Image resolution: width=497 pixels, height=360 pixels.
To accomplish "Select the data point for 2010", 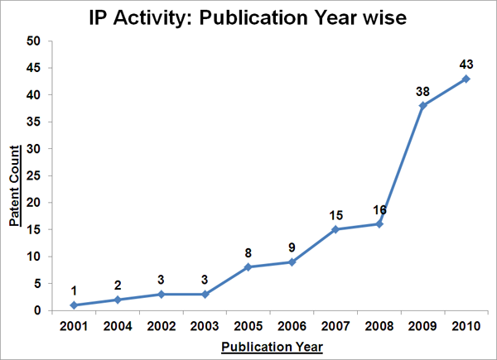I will coord(466,79).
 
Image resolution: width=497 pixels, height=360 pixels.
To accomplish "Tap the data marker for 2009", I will coord(422,105).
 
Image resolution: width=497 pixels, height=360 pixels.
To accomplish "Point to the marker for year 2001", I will coord(74,305).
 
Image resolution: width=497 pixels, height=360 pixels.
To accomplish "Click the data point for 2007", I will coord(335,229).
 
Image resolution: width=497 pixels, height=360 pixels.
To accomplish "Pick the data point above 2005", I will coord(248,267).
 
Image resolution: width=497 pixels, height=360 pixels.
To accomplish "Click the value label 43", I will coord(466,63).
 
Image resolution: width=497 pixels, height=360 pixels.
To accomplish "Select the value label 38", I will coord(422,89).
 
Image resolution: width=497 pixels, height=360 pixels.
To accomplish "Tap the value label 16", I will coord(379,209).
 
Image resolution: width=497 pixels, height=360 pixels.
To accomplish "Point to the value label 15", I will coord(335,214).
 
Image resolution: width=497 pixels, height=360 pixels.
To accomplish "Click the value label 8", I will coord(248,252).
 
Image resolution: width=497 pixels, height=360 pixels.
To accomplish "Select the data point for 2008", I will coord(379,224).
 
